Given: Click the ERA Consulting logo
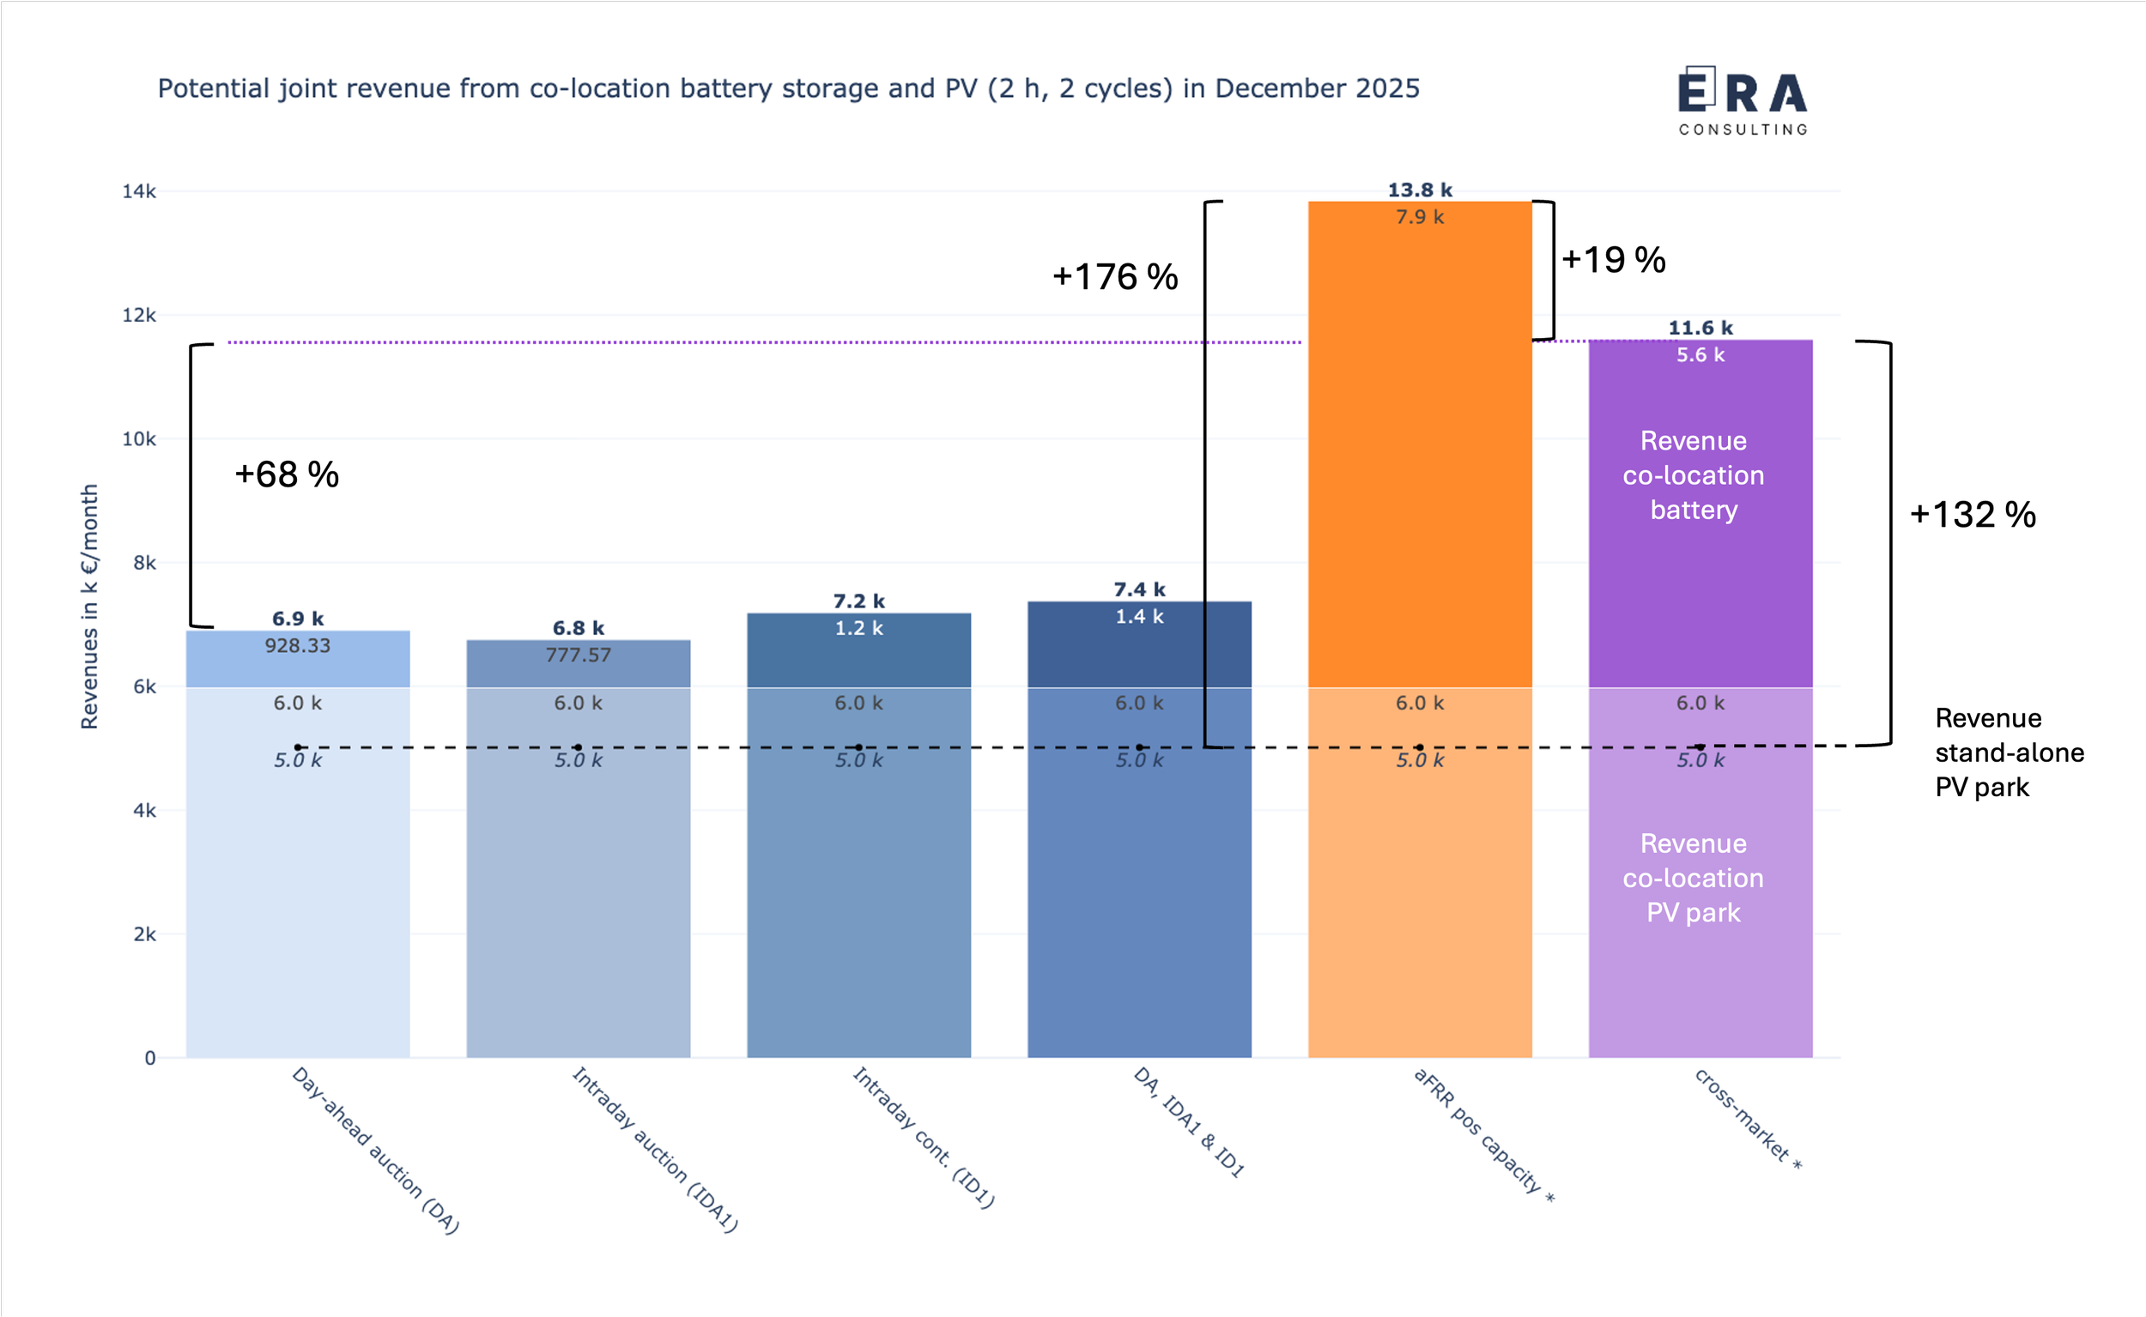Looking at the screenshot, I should coord(1743,101).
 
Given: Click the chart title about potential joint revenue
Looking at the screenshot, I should coord(789,89).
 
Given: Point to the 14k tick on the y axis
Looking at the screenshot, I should coord(139,191).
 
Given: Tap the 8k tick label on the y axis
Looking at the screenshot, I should coord(144,564).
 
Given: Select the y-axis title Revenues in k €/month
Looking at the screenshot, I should coord(90,607).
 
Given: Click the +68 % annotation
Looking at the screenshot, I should coord(287,474).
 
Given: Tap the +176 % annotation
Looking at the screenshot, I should coord(1114,277).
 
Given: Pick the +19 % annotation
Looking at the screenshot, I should coord(1613,260).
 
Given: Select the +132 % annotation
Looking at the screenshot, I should coord(1972,515).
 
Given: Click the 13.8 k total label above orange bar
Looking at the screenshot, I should coord(1419,190).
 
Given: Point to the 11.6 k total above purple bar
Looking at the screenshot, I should coord(1700,329).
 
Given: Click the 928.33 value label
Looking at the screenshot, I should coord(298,646).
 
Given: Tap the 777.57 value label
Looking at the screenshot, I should coord(579,655).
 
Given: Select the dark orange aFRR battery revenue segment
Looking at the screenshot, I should coord(1419,453).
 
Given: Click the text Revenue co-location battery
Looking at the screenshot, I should coord(1693,475).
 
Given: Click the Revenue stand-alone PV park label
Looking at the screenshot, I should coord(2009,752).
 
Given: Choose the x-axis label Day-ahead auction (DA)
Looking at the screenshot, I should coord(374,1150).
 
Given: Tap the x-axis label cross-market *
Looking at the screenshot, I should coord(1747,1119).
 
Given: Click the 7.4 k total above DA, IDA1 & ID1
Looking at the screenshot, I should coord(1139,589).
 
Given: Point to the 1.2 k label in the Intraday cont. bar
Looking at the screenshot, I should coord(858,628).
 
